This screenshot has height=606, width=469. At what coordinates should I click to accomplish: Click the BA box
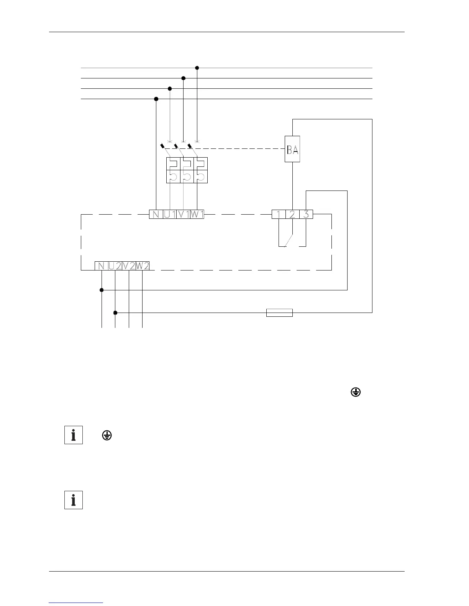292,149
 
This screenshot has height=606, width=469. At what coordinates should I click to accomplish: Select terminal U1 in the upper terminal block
169,214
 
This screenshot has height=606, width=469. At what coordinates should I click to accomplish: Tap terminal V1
183,214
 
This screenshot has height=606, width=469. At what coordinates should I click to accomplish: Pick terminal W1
197,214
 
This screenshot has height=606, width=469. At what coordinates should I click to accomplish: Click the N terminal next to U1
156,214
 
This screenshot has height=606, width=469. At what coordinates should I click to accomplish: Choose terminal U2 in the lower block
115,266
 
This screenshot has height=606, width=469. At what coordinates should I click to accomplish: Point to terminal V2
129,266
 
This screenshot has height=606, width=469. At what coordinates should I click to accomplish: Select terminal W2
143,266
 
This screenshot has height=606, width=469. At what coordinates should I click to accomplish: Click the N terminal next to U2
102,266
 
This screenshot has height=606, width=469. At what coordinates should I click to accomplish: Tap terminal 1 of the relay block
279,214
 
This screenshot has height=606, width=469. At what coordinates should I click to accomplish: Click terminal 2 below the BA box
292,214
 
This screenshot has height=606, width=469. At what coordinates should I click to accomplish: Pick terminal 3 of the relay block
306,214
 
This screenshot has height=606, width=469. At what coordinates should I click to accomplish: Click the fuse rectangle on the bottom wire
279,313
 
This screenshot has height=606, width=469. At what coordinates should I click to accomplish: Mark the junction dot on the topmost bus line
197,68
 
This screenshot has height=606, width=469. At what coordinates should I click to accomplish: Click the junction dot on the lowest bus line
156,99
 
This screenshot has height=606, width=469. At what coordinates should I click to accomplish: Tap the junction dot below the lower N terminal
102,290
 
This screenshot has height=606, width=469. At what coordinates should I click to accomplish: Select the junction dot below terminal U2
115,313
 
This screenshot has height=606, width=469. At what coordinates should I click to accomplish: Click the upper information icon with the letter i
74,435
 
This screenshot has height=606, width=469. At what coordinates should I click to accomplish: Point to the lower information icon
74,500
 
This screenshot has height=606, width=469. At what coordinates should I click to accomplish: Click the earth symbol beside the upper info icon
107,435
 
